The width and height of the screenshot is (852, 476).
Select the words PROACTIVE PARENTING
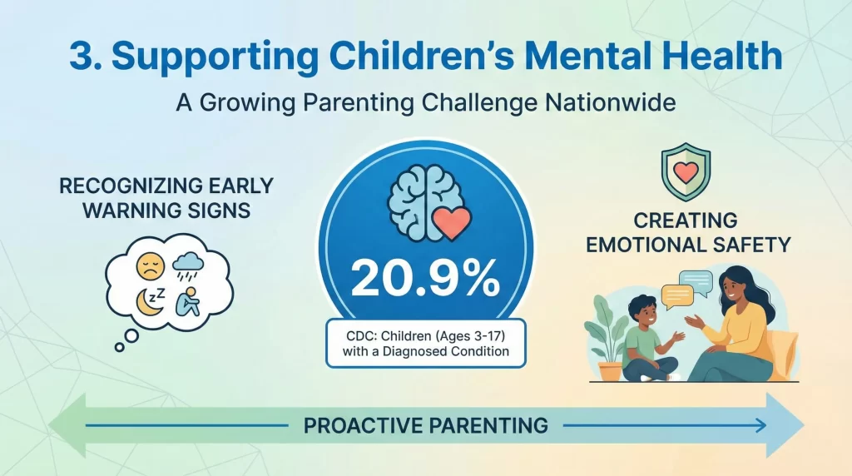coord(425,426)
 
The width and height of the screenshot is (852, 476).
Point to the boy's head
coord(646,308)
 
